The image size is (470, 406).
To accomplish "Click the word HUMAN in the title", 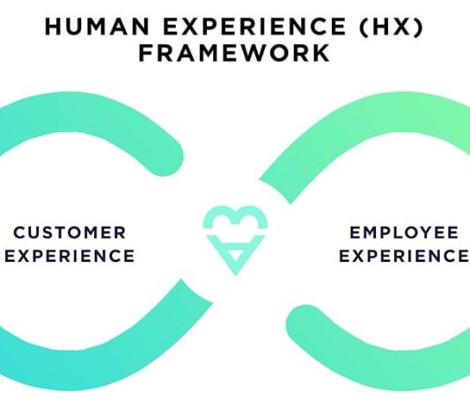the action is (97, 26).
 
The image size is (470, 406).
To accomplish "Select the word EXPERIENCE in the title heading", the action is (254, 26).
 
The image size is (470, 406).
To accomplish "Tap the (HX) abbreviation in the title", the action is (392, 26).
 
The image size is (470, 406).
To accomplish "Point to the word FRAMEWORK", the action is (234, 53).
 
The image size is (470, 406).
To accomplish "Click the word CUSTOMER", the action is (70, 233).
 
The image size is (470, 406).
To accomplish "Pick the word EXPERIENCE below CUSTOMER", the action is (70, 256).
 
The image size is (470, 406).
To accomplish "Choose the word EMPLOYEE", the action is (404, 233).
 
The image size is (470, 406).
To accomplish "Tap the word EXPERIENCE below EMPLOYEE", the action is (404, 256).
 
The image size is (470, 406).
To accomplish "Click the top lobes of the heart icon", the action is (236, 218).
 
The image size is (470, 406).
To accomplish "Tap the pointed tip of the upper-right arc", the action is (260, 180).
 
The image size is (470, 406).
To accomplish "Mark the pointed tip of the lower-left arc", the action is (212, 303).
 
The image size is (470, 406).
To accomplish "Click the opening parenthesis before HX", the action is (364, 26).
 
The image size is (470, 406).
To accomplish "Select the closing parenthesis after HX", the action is (418, 26).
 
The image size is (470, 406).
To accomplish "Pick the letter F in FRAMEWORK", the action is (145, 53).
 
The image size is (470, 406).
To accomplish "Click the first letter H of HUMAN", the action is (53, 26).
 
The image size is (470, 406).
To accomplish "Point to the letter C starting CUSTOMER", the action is (19, 233).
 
